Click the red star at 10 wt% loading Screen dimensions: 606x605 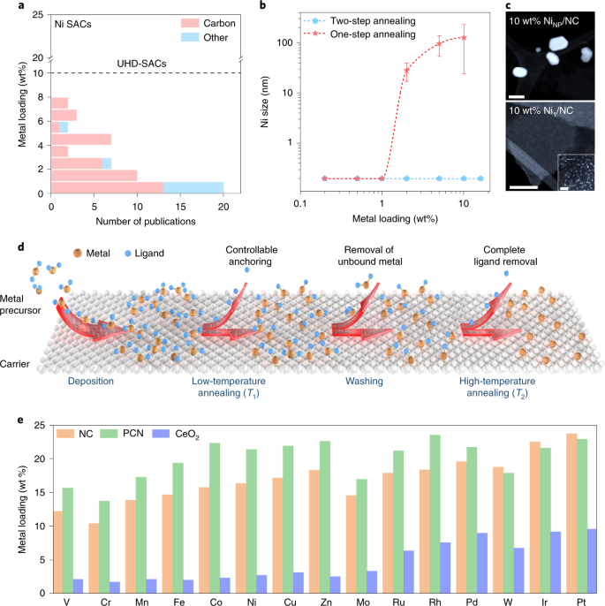(465, 37)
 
